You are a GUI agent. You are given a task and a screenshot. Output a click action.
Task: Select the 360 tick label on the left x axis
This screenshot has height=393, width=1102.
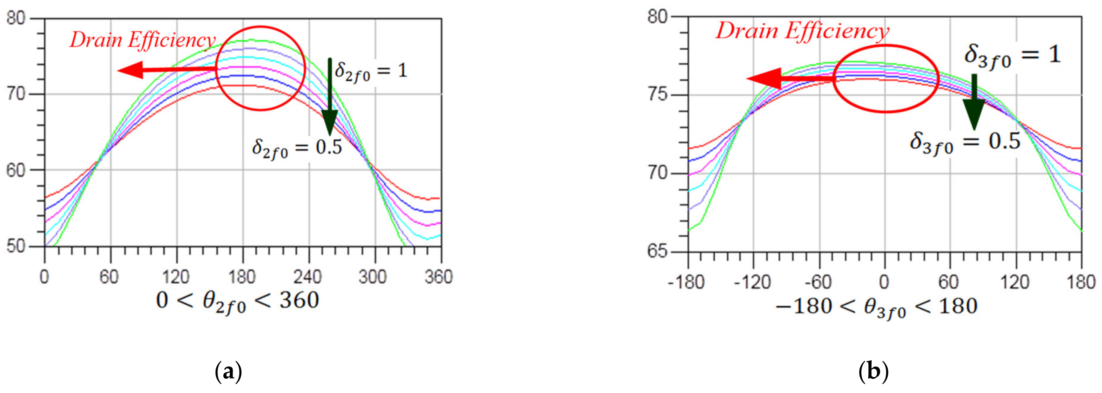tap(438, 278)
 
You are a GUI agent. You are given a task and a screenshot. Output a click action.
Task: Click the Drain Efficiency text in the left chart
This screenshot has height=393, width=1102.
tap(142, 41)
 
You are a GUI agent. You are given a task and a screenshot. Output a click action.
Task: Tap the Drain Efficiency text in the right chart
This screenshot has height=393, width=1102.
tap(802, 31)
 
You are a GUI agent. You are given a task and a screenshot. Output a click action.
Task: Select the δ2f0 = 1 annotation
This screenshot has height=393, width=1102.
tap(371, 71)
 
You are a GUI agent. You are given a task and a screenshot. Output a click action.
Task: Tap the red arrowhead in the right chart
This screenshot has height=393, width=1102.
tap(761, 78)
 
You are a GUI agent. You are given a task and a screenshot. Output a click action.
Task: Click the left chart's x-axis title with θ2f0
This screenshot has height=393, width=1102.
tap(237, 301)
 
